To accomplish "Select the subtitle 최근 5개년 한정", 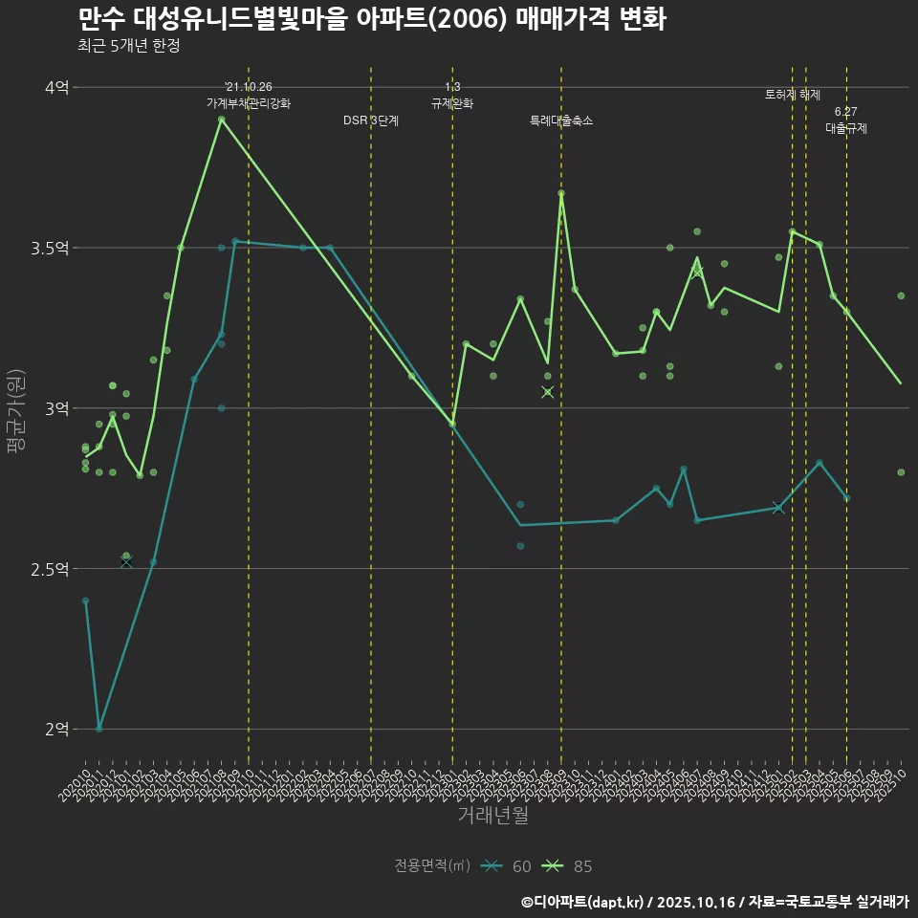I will [x=128, y=46].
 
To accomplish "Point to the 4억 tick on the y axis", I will [x=56, y=87].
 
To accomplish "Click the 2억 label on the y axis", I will [x=56, y=729].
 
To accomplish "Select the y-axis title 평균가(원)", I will [x=15, y=408].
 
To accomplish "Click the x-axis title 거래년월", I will [x=492, y=816].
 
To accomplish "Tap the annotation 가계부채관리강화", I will [x=249, y=103].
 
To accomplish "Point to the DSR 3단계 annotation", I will [x=371, y=121].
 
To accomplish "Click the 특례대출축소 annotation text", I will [x=561, y=121].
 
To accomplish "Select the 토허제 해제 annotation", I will [x=793, y=96].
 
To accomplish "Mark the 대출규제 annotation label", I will [x=846, y=128].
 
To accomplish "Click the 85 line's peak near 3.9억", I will [x=221, y=120].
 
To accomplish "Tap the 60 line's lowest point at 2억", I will [x=98, y=729].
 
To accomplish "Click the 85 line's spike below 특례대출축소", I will [x=561, y=193].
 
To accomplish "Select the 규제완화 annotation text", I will [x=452, y=103].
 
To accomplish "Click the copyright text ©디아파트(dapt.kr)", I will [x=584, y=902].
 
